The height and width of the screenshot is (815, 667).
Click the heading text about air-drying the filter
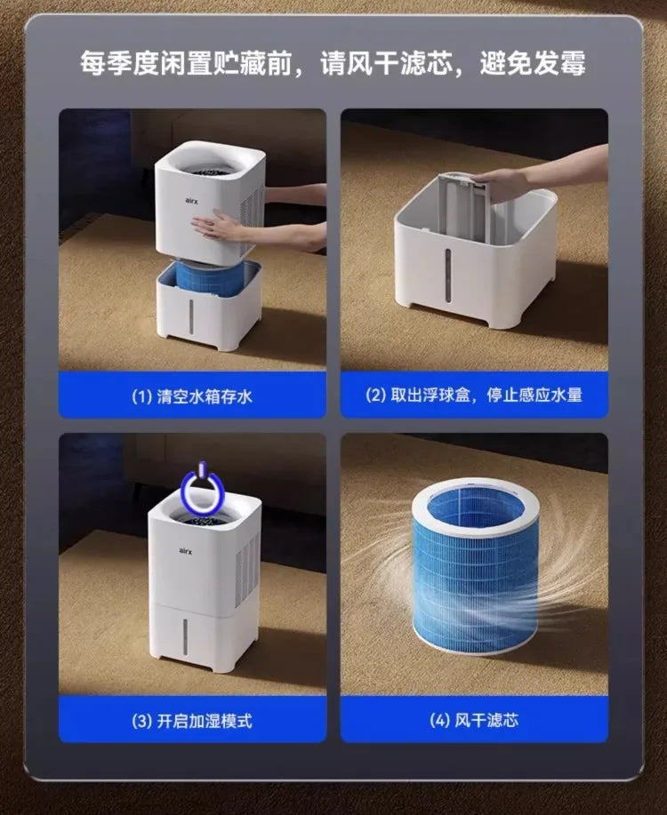(x=333, y=64)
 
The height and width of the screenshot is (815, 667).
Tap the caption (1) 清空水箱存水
(x=192, y=396)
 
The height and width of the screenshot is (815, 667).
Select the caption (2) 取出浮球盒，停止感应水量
(x=474, y=396)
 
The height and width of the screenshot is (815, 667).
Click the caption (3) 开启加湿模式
(x=192, y=720)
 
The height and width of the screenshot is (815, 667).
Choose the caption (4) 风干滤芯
(x=474, y=720)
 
